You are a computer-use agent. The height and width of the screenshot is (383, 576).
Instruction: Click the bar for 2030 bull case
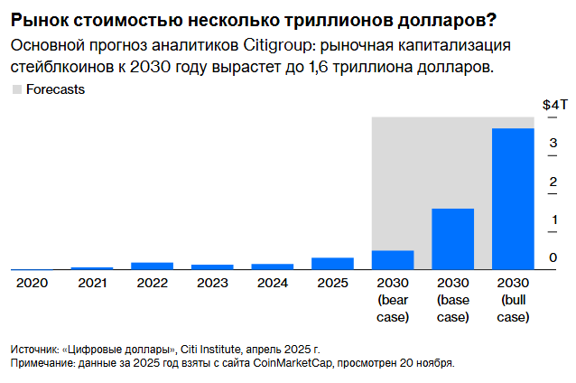click(x=512, y=199)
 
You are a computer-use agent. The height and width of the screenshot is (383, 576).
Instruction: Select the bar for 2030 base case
click(x=452, y=238)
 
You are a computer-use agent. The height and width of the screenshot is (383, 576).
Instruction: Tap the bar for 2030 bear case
click(x=393, y=259)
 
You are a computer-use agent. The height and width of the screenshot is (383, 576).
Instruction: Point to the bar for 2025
click(x=332, y=263)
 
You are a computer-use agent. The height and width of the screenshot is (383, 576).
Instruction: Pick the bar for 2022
click(x=152, y=266)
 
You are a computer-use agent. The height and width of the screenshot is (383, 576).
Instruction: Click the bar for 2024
click(x=272, y=266)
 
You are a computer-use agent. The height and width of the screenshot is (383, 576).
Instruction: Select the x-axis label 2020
click(x=32, y=282)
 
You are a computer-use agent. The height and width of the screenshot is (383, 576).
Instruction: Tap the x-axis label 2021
click(x=91, y=282)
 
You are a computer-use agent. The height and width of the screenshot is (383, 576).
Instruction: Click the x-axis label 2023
click(x=212, y=282)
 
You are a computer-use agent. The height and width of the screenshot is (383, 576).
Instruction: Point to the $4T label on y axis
click(x=553, y=105)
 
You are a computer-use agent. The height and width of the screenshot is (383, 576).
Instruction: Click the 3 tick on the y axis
click(x=552, y=143)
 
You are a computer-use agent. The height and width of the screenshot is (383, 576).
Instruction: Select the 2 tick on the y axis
click(x=552, y=182)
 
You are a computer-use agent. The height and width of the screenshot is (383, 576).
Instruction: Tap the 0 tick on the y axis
click(x=552, y=258)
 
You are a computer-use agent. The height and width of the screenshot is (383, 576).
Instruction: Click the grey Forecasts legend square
click(x=16, y=89)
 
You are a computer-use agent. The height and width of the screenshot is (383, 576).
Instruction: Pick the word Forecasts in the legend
click(x=56, y=89)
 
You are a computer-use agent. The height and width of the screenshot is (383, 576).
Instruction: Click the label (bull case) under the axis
click(x=512, y=308)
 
